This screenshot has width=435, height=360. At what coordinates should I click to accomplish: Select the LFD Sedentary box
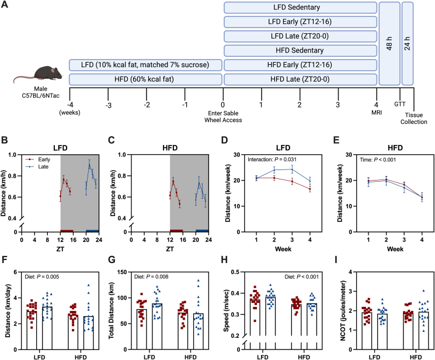click(x=301, y=8)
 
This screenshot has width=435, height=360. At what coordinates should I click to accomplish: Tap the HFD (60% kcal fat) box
click(x=145, y=79)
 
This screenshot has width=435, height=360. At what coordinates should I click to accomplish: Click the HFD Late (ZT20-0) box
click(x=301, y=79)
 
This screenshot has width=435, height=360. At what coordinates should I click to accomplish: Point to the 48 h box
click(x=389, y=43)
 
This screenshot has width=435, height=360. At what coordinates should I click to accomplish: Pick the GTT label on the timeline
click(x=400, y=104)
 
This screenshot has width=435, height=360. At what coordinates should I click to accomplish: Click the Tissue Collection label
click(x=413, y=118)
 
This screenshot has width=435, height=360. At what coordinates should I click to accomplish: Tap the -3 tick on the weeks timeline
click(x=108, y=105)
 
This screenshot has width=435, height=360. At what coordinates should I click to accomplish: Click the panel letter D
click(x=224, y=140)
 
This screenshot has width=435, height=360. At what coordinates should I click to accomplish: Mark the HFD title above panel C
click(x=170, y=147)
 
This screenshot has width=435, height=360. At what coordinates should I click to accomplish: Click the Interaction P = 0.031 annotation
click(x=272, y=160)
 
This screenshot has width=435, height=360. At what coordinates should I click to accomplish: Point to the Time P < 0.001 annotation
click(x=378, y=160)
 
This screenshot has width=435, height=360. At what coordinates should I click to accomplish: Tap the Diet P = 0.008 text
click(x=151, y=276)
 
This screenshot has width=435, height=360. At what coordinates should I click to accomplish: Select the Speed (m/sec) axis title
click(x=227, y=311)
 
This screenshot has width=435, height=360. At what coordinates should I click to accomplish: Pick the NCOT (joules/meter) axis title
click(x=343, y=311)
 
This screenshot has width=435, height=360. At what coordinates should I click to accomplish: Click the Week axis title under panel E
click(x=395, y=249)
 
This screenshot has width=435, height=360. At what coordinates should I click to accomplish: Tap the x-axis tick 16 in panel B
click(x=73, y=240)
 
